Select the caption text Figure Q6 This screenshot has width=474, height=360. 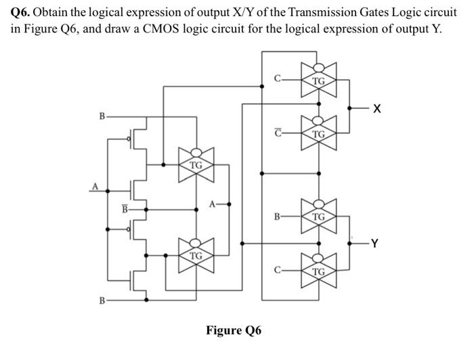(x=233, y=330)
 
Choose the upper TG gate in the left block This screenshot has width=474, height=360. (x=196, y=164)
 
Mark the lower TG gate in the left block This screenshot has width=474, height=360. (x=196, y=255)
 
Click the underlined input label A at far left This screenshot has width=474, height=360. (x=95, y=187)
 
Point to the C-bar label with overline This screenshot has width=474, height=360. (x=276, y=133)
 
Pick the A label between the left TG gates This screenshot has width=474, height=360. (x=213, y=202)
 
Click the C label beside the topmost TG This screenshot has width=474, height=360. (x=276, y=81)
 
